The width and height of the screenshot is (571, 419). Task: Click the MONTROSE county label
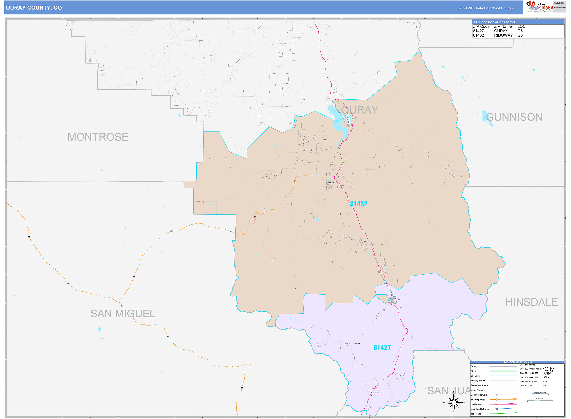pos(98,137)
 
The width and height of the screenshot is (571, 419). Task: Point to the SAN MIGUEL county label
pos(123,314)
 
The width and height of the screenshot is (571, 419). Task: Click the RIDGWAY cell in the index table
pos(503,35)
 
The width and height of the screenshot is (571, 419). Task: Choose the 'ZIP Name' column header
pos(503,26)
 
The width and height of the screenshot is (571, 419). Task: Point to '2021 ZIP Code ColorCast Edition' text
pos(486,8)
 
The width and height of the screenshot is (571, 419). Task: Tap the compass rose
pos(454,403)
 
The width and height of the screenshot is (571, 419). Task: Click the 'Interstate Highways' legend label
pos(480,409)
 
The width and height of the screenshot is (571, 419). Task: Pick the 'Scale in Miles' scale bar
pos(540,400)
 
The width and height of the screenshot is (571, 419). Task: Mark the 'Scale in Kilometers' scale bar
pos(540,394)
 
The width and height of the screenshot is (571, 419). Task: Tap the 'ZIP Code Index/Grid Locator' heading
pos(494,22)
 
